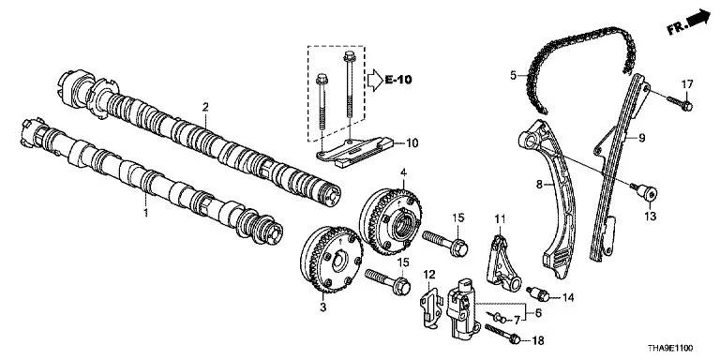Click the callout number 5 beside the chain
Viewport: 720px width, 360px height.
tap(514, 74)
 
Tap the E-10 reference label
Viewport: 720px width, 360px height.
tap(398, 80)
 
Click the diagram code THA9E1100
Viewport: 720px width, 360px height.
tap(670, 348)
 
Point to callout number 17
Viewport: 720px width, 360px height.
tap(687, 84)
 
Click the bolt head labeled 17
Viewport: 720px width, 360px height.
tap(686, 107)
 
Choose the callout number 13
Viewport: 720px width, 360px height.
tap(651, 216)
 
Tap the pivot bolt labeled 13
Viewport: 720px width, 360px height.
tap(649, 193)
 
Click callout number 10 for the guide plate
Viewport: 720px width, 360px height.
tap(412, 143)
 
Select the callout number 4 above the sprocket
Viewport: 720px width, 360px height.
tap(403, 173)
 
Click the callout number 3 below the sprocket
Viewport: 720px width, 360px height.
tap(322, 307)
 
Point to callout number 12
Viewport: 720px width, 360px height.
tap(428, 275)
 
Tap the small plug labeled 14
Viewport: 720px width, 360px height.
tap(538, 293)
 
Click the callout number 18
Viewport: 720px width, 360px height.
tap(537, 340)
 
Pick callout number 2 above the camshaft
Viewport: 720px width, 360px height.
tap(205, 108)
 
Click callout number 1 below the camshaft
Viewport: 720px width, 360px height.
tap(146, 213)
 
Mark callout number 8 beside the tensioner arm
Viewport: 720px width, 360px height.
tap(539, 185)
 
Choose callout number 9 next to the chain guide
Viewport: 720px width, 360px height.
tap(642, 137)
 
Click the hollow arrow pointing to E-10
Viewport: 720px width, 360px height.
tap(375, 80)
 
